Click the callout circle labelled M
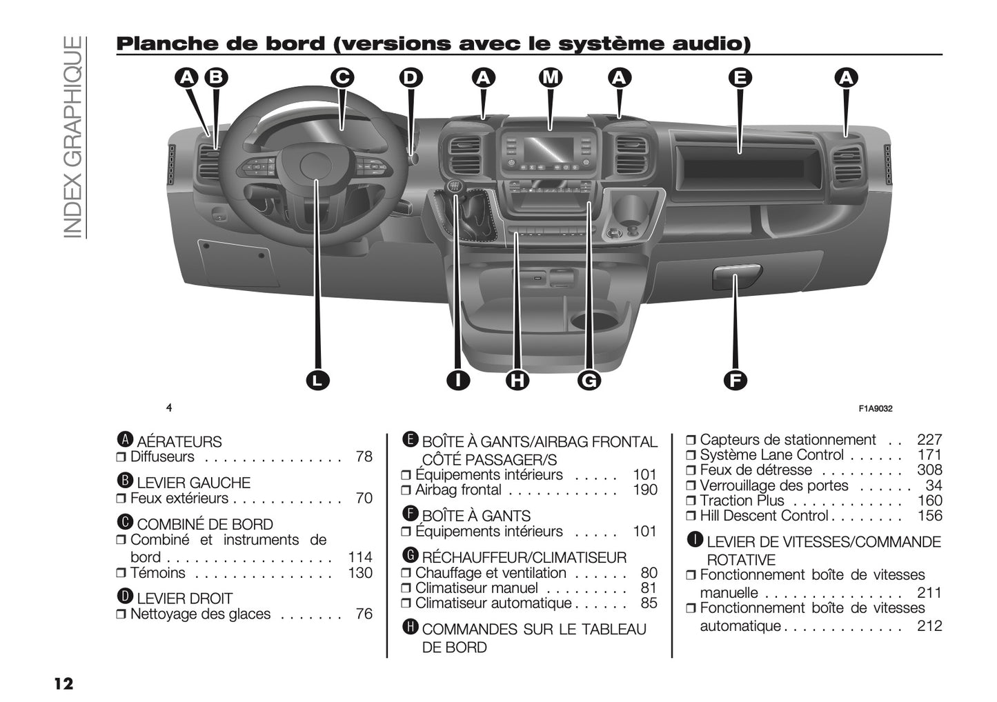point(550,78)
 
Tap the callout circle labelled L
point(317,380)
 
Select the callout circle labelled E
point(740,78)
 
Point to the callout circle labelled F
point(736,380)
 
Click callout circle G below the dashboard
point(589,380)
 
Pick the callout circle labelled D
point(411,78)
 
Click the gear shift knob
point(455,187)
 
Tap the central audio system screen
point(549,148)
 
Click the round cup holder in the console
point(595,320)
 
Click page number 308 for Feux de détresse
point(929,470)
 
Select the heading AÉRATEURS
point(179,442)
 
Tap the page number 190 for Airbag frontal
point(645,490)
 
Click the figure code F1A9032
point(875,409)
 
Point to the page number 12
point(63,684)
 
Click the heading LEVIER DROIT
point(184,599)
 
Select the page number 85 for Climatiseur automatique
point(649,603)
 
